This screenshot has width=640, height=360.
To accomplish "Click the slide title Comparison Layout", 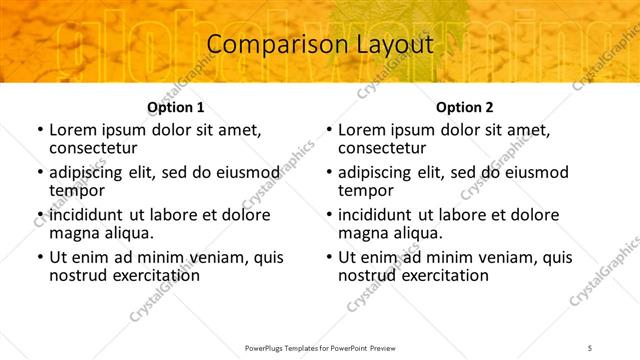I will tap(320, 44).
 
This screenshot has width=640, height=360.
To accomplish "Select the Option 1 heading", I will tap(175, 107).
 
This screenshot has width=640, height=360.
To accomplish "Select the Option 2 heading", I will tap(464, 107).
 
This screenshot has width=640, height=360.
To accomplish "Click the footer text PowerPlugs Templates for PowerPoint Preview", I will tap(320, 346).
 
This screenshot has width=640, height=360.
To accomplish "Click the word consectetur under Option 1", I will tap(95, 148).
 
